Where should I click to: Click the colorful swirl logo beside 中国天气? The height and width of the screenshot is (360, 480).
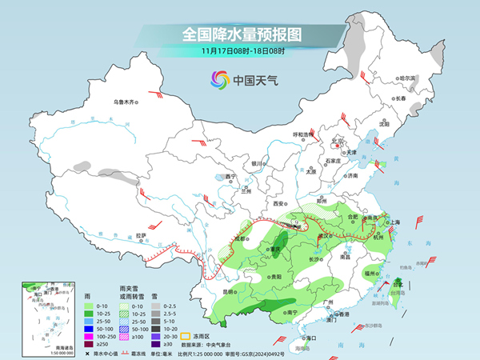tap(218, 80)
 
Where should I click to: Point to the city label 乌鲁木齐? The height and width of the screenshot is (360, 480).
tap(125, 102)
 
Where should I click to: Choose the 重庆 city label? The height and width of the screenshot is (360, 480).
tap(278, 249)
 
